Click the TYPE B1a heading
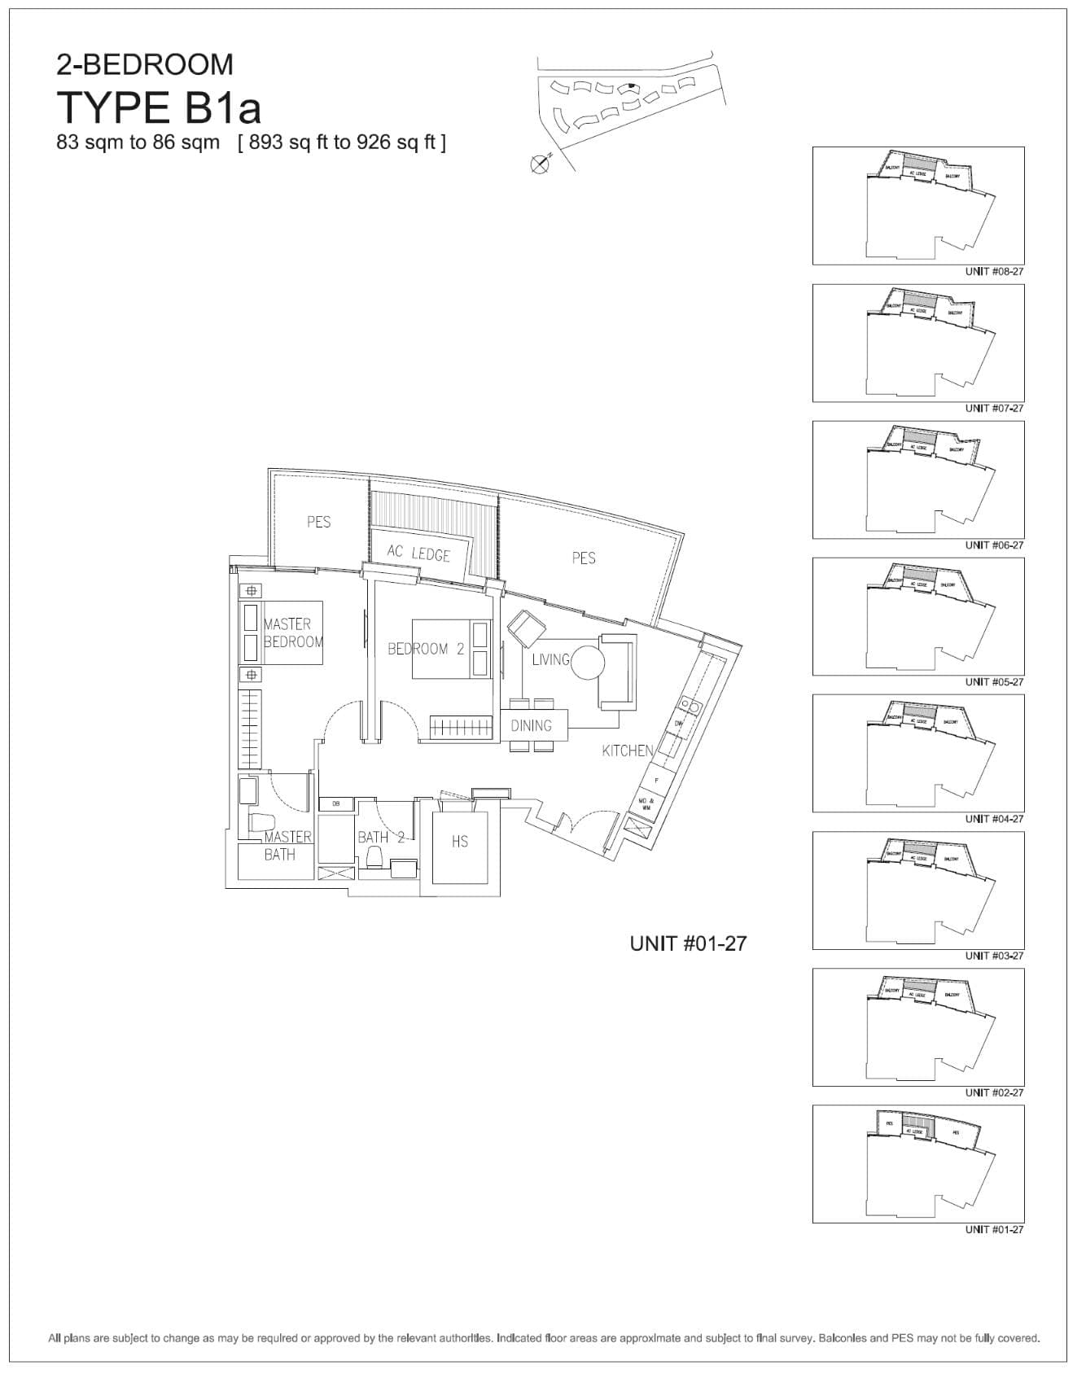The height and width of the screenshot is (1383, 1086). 159,107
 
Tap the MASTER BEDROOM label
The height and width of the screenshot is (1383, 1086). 293,632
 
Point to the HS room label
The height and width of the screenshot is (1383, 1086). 459,842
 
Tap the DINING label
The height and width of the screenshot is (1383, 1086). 531,725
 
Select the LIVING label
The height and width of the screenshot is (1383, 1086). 550,659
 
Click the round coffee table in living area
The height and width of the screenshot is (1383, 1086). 588,663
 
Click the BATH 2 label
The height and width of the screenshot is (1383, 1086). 380,837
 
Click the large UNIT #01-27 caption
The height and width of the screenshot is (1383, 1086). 688,943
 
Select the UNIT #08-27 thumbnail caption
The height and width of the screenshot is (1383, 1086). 994,271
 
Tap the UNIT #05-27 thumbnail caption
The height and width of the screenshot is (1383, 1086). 994,682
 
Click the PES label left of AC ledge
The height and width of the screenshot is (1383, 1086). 318,522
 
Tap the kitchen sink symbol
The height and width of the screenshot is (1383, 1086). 688,703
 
